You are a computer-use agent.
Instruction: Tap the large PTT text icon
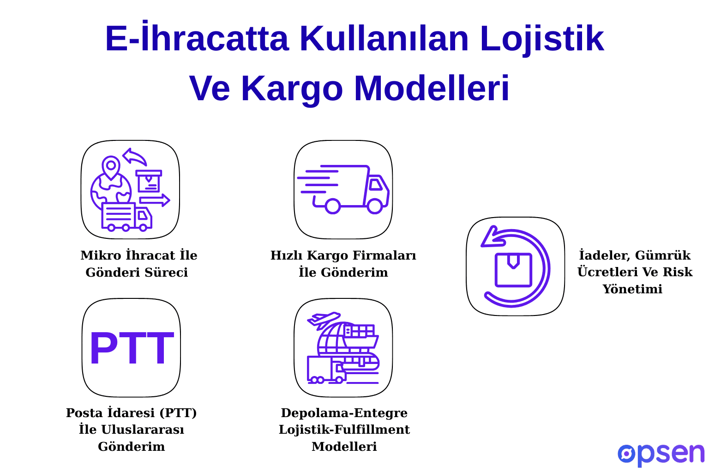pyautogui.click(x=131, y=349)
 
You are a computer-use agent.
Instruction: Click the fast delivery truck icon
pyautogui.click(x=343, y=189)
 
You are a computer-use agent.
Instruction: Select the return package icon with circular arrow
pyautogui.click(x=515, y=267)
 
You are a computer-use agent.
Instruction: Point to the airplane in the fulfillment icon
pyautogui.click(x=324, y=319)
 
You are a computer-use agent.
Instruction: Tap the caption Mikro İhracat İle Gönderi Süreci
pyautogui.click(x=138, y=264)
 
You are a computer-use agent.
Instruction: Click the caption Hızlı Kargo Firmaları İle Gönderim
pyautogui.click(x=343, y=264)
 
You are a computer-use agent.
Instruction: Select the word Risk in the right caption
pyautogui.click(x=677, y=272)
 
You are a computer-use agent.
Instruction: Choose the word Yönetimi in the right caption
pyautogui.click(x=632, y=289)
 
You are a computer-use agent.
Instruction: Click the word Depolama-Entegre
pyautogui.click(x=344, y=413)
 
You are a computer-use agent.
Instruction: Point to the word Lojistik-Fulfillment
pyautogui.click(x=344, y=430)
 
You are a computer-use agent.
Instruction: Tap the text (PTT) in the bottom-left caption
pyautogui.click(x=179, y=413)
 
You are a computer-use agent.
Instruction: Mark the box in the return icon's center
pyautogui.click(x=513, y=270)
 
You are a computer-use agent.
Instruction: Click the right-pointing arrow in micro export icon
pyautogui.click(x=155, y=200)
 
